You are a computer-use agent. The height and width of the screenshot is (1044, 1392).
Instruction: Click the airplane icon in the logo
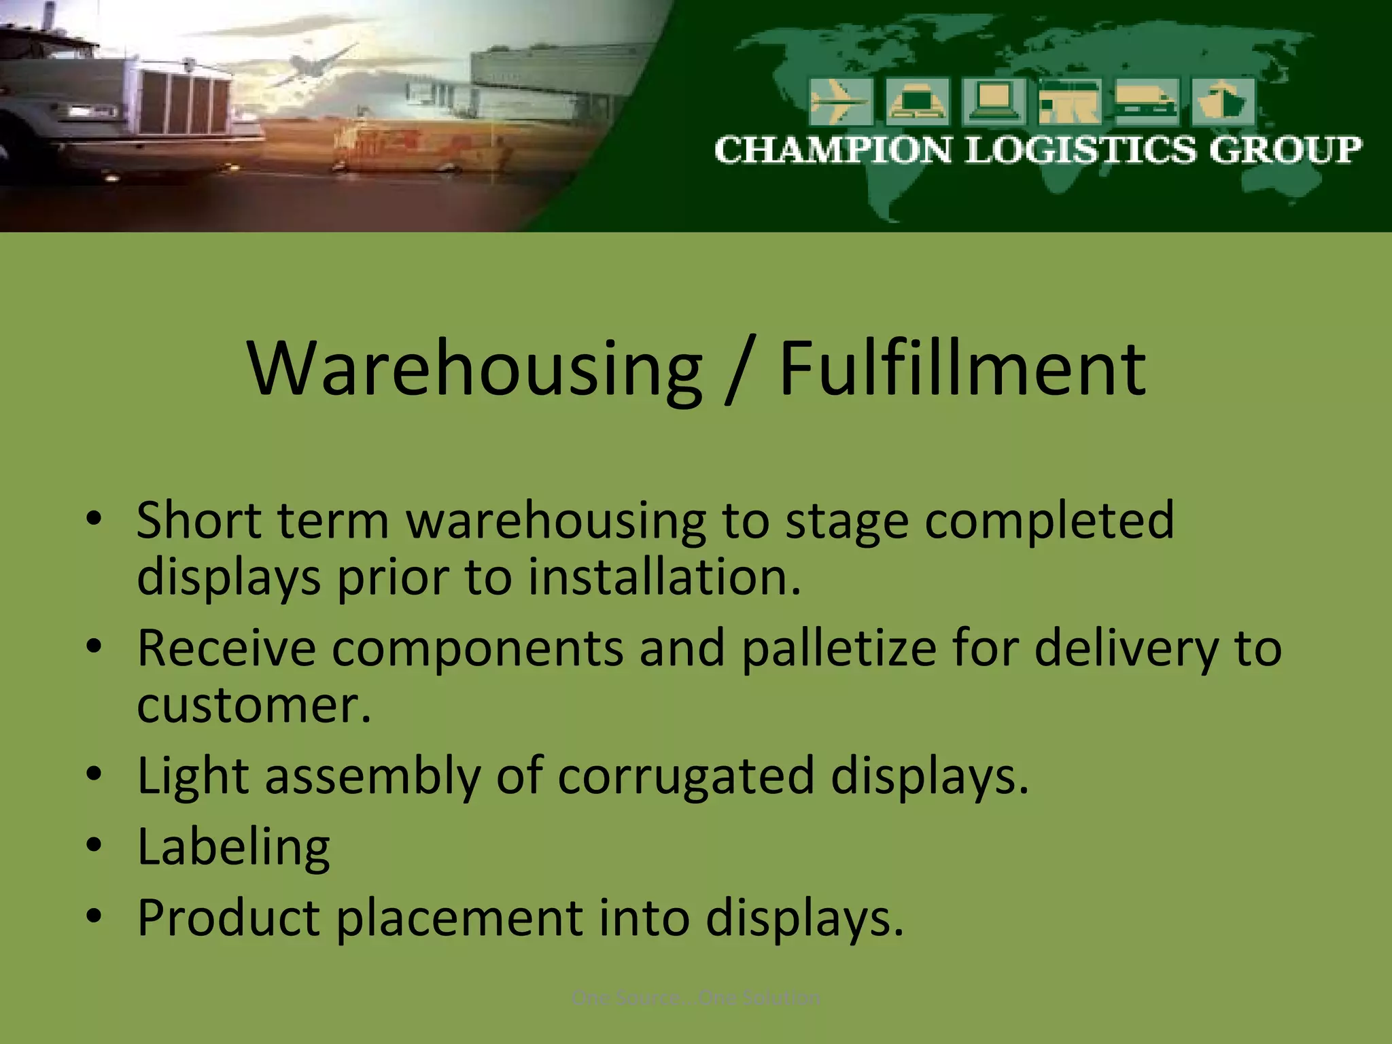tap(841, 102)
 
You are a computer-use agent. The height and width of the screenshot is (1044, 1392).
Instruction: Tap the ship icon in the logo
tap(1222, 102)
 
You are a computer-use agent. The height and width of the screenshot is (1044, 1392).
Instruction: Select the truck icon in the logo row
tap(1146, 102)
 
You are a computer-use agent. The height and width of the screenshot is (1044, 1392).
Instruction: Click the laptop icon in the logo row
tap(994, 102)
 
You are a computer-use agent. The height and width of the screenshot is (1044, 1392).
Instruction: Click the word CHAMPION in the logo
tap(833, 150)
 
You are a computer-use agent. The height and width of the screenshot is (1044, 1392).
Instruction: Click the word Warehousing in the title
tap(474, 369)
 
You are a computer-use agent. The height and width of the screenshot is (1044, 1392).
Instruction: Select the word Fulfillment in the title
tap(962, 369)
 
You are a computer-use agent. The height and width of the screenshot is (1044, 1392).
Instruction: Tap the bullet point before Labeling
tap(94, 846)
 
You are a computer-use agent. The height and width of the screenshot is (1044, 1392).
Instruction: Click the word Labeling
tap(233, 847)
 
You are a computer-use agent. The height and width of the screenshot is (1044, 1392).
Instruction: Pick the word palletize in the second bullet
tap(839, 648)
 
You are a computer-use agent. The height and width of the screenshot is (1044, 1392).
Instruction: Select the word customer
tap(254, 706)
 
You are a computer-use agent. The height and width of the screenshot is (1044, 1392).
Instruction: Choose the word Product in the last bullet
tap(228, 918)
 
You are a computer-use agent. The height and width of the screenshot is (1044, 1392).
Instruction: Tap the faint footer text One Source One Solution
tap(696, 998)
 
